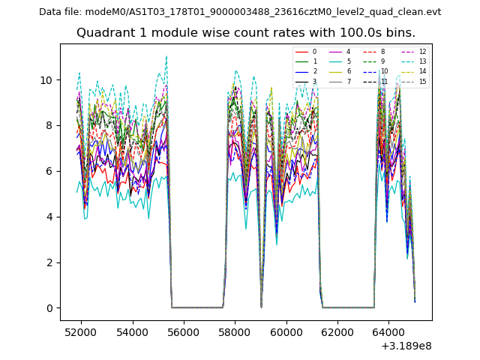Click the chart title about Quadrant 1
(x=246, y=33)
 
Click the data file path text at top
(x=240, y=12)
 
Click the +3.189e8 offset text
(x=406, y=346)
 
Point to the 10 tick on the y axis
(x=46, y=80)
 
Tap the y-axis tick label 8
(x=49, y=126)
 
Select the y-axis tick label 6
(x=49, y=171)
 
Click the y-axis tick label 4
(x=49, y=217)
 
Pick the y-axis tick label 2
(x=49, y=262)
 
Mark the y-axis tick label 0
(x=49, y=308)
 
